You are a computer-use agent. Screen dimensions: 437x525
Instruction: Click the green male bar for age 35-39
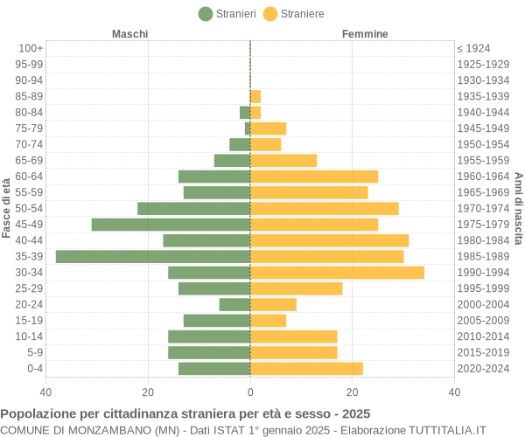[x=153, y=256]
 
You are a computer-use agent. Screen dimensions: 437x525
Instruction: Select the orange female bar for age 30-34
[x=337, y=273]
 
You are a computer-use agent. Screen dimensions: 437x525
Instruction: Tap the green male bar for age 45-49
[x=171, y=225]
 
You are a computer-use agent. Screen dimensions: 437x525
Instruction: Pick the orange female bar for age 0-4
[x=306, y=369]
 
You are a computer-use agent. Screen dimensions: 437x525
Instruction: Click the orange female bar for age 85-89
[x=255, y=96]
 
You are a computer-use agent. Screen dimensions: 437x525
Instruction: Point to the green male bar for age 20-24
[x=234, y=304]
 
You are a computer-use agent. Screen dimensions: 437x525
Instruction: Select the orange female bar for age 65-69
[x=283, y=160]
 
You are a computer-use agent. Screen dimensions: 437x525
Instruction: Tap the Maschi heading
[x=129, y=33]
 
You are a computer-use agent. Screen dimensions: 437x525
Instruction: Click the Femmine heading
[x=365, y=33]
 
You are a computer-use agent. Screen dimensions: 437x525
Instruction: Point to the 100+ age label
[x=31, y=48]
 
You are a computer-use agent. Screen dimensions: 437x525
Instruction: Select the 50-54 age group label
[x=29, y=208]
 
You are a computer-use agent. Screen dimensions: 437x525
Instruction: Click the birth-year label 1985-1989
[x=483, y=256]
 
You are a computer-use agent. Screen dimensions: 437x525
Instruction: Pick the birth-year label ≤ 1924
[x=473, y=48]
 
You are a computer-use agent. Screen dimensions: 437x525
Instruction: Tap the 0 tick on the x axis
[x=250, y=392]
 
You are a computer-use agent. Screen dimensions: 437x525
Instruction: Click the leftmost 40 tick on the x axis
[x=46, y=392]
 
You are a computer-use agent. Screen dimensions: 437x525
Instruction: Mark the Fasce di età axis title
[x=7, y=208]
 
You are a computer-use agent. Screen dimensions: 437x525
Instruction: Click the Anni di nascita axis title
[x=518, y=208]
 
